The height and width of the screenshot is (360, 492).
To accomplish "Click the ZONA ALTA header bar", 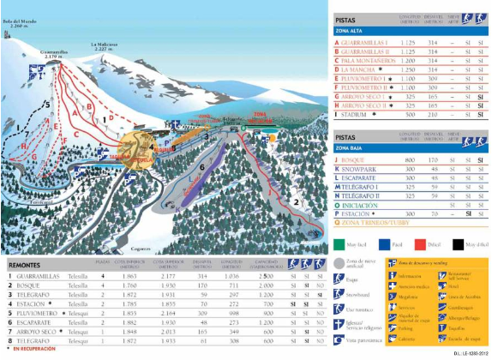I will click(352, 31).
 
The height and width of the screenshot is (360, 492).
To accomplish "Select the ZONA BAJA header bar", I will click(352, 148).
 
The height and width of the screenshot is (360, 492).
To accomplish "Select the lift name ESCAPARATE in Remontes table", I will click(33, 324).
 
